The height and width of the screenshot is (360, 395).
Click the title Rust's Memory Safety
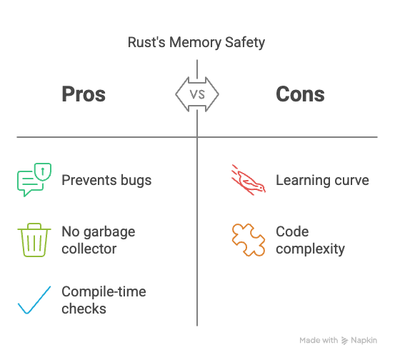coord(196,42)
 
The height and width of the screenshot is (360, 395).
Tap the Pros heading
coord(84,94)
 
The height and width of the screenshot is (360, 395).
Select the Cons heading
coord(300,94)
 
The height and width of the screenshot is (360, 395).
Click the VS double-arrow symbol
coord(197,94)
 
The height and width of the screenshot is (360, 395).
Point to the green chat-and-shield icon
coord(34,179)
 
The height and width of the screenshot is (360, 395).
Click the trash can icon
coord(34,240)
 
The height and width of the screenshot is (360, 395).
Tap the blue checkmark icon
coord(34,300)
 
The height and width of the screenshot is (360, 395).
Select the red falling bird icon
coord(249,179)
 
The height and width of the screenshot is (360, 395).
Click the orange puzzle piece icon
coord(249,240)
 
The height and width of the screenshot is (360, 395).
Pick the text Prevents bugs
coord(106,181)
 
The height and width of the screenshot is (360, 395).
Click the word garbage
coord(109,232)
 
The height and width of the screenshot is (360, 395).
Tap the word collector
coord(89,249)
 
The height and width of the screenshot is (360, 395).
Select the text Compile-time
coord(104,292)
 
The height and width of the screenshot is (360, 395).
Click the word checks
coord(84,309)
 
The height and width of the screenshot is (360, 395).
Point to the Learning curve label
coord(322,181)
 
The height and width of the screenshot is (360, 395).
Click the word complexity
coord(310,249)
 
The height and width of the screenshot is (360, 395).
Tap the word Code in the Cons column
coord(292,231)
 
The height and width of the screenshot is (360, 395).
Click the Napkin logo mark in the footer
coord(344,340)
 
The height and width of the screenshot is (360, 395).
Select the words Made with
coord(319,340)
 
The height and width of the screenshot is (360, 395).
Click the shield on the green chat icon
coord(43,171)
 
